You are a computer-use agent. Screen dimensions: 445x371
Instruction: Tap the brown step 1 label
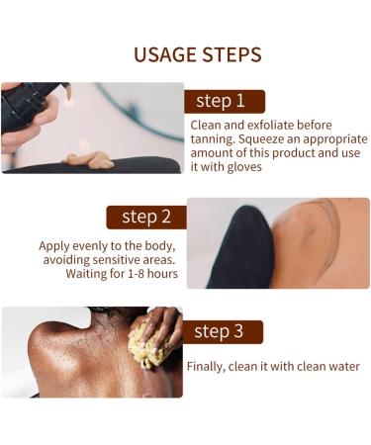pos(225,101)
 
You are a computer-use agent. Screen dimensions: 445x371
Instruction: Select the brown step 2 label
pos(145,216)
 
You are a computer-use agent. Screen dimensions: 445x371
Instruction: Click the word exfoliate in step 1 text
pos(266,126)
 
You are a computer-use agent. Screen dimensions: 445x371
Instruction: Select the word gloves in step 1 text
pos(241,167)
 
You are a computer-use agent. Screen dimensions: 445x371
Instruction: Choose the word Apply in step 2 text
pos(55,245)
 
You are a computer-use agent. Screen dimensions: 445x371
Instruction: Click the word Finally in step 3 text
pos(208,366)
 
